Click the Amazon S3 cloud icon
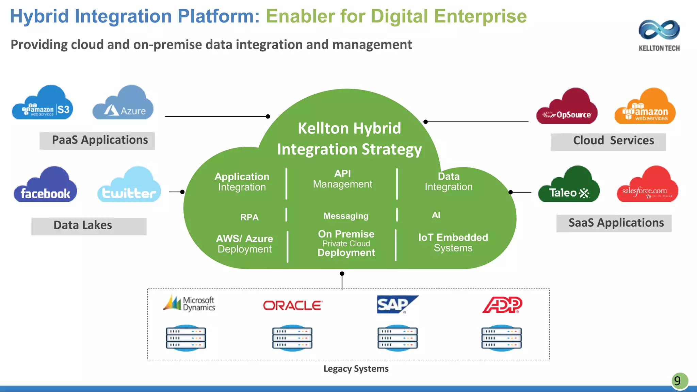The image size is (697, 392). (43, 104)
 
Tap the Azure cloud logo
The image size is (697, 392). (123, 104)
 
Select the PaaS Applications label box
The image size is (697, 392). (97, 141)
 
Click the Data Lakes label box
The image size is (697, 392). (89, 226)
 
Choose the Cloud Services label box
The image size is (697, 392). (608, 142)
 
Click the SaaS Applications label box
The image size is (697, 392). (614, 223)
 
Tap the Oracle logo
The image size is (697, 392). (293, 305)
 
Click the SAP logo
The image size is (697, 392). (396, 304)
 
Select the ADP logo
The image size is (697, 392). (502, 305)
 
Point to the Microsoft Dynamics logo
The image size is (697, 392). (189, 304)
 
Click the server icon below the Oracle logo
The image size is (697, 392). (292, 338)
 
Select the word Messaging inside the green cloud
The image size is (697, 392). (346, 216)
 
